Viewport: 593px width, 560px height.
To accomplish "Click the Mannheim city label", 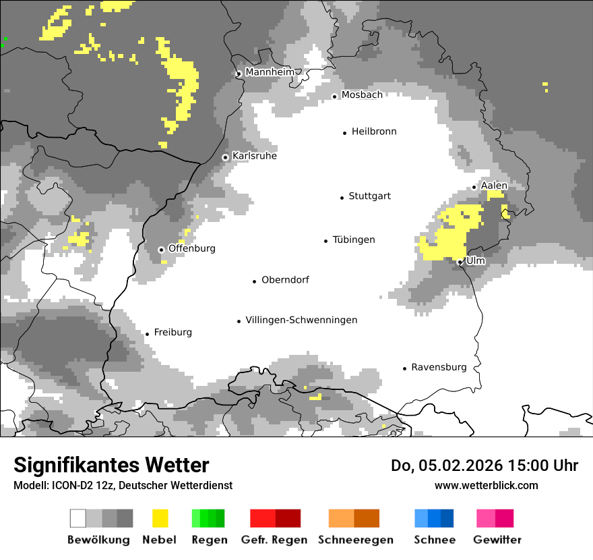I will [270, 72].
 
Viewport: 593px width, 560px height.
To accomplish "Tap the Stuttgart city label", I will [369, 196].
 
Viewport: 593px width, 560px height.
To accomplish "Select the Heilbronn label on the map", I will [374, 132].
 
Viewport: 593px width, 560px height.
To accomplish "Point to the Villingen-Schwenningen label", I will [301, 320].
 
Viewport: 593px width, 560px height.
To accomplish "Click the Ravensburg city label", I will [439, 367].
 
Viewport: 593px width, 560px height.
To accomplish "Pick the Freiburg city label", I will [173, 332].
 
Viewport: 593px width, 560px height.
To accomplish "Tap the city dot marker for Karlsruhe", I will [226, 157].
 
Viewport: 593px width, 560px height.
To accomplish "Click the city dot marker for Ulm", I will [460, 262].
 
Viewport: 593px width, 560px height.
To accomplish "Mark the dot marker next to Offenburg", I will [162, 250].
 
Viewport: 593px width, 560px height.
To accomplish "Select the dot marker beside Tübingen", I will [326, 241].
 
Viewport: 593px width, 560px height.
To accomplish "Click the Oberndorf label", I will [285, 279].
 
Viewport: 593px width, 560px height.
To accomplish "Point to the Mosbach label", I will [362, 95].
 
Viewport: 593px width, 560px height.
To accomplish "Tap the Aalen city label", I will [494, 186].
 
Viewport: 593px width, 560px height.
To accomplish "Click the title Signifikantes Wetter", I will [111, 465].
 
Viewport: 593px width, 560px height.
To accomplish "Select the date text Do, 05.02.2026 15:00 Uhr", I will [485, 466].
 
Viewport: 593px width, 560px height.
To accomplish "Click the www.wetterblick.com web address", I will [486, 485].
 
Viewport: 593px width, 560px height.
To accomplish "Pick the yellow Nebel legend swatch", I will [160, 518].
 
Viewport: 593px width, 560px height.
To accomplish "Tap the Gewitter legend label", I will [497, 540].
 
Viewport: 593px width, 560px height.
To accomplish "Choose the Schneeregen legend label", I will [355, 540].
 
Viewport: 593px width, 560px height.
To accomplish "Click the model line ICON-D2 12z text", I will [123, 485].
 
